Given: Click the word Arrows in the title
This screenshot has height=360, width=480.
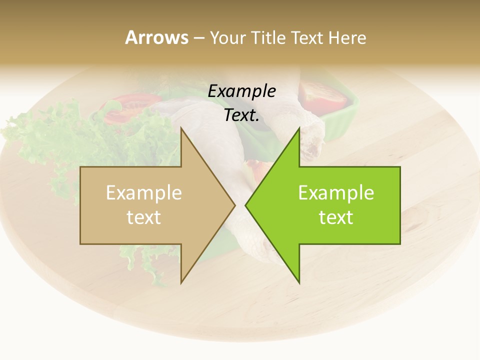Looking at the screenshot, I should tap(156, 37).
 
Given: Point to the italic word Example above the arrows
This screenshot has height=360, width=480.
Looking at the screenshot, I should tap(241, 91).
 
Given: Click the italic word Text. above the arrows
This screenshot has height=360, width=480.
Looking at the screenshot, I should tap(241, 115).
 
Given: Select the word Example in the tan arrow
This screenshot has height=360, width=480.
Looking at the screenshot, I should tap(143, 192).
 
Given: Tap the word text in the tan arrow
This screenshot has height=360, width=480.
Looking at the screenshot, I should tap(143, 217).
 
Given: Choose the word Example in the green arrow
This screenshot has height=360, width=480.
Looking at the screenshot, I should tap(336, 192).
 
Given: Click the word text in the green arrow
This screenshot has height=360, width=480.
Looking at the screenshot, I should tap(336, 217).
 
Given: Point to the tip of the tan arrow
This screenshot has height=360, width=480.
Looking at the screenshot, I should tap(235, 205).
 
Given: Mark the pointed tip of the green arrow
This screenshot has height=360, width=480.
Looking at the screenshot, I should tap(245, 205).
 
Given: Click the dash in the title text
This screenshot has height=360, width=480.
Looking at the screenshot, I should tap(198, 38).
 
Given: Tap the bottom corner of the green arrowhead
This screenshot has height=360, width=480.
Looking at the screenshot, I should tap(299, 283).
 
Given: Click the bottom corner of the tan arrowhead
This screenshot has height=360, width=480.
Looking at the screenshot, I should tap(181, 283).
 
